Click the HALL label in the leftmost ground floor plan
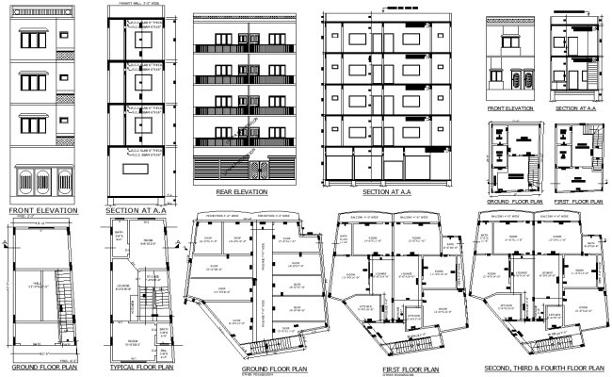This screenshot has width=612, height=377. pyautogui.click(x=35, y=284)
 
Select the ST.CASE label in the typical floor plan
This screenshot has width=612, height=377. pyautogui.click(x=152, y=276)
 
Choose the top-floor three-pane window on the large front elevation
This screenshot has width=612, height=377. pyautogui.click(x=35, y=39)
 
